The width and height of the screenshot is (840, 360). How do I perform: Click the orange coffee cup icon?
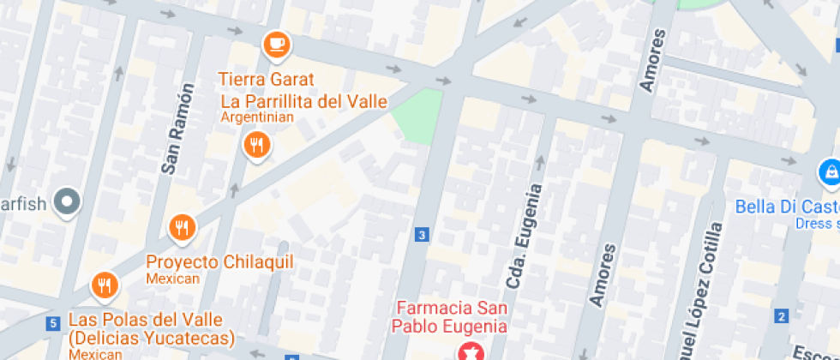click(276, 44)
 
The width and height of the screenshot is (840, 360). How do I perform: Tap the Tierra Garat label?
click(266, 80)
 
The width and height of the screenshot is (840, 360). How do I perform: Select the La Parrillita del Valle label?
click(304, 101)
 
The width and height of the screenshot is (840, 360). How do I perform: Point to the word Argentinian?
click(257, 117)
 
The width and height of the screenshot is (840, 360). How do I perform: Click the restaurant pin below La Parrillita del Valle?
click(255, 144)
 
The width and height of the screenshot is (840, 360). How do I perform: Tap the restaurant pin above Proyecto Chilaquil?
click(181, 228)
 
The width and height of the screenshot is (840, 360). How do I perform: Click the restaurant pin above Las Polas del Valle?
click(105, 285)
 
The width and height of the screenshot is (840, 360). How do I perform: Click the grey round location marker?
click(66, 203)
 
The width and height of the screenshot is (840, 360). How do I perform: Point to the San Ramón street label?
click(173, 129)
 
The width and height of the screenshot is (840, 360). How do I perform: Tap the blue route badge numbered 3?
click(421, 234)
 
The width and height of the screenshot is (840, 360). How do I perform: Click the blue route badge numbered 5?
click(53, 323)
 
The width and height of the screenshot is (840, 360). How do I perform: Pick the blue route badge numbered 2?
click(781, 316)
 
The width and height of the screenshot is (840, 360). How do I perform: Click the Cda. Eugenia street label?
click(523, 236)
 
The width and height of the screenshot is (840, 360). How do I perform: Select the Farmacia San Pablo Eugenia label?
click(450, 316)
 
